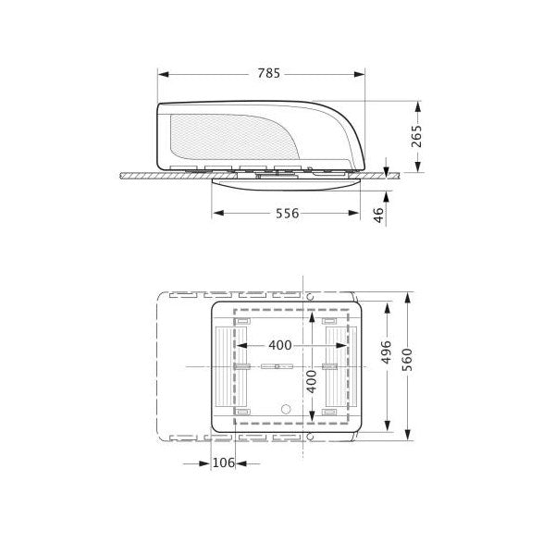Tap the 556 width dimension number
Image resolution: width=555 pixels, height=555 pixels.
287,213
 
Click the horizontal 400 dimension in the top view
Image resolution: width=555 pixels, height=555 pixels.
279,345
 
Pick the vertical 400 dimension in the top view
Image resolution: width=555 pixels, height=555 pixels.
312,380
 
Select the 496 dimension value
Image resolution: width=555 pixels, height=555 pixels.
387,356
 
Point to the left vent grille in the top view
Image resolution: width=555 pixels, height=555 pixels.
226,367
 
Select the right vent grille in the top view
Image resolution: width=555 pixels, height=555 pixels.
337,367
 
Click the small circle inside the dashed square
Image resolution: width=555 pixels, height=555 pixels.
286,407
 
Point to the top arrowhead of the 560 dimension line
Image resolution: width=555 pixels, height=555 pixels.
408,302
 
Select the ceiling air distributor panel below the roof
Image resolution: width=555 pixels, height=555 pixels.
287,182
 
